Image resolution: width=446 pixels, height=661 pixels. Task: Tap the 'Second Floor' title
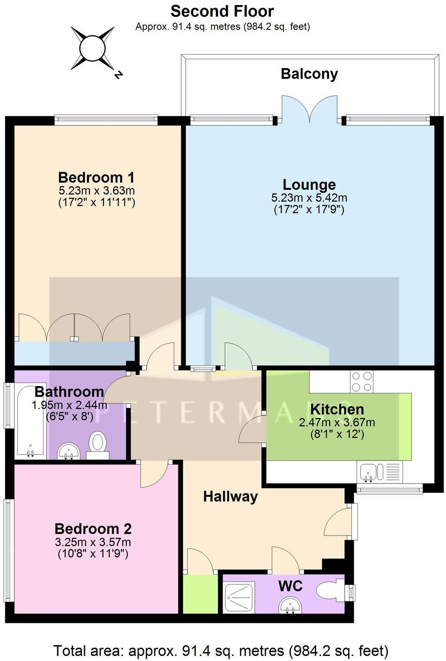pyautogui.click(x=222, y=11)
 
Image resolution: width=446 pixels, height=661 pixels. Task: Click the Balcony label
pyautogui.click(x=309, y=74)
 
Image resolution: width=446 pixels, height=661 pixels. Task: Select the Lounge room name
pyautogui.click(x=309, y=184)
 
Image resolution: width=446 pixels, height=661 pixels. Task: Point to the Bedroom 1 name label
pyautogui.click(x=96, y=177)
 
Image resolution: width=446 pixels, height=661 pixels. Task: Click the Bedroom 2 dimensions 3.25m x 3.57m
pyautogui.click(x=93, y=542)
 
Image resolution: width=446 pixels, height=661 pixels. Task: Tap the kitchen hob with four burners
pyautogui.click(x=362, y=382)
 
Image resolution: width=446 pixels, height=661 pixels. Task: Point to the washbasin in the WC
pyautogui.click(x=290, y=605)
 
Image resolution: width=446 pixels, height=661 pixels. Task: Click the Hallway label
pyautogui.click(x=230, y=497)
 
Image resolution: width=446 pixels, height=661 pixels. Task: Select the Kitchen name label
pyautogui.click(x=337, y=409)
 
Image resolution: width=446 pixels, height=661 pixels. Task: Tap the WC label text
pyautogui.click(x=290, y=586)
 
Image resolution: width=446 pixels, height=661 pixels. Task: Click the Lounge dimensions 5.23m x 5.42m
pyautogui.click(x=309, y=198)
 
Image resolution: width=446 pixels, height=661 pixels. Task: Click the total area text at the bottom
pyautogui.click(x=221, y=651)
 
